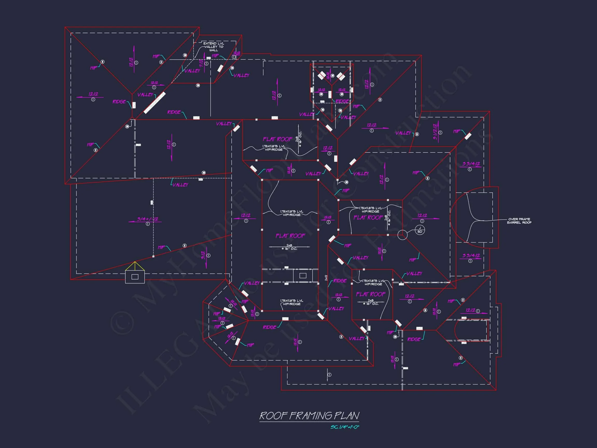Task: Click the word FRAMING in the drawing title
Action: (310, 416)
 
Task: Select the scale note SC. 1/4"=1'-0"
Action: (345, 427)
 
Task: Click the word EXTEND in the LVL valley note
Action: (210, 43)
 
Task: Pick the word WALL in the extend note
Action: (214, 50)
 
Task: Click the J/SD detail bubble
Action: (420, 230)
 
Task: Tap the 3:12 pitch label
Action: (203, 255)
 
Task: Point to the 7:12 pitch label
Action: (201, 64)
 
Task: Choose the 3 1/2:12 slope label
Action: (435, 132)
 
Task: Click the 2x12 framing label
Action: (326, 278)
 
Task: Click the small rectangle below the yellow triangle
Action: (135, 277)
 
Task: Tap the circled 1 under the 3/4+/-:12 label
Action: (148, 224)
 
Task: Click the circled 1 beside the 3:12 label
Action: (208, 255)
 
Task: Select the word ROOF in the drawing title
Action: (273, 416)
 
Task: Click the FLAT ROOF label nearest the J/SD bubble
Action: (368, 218)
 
